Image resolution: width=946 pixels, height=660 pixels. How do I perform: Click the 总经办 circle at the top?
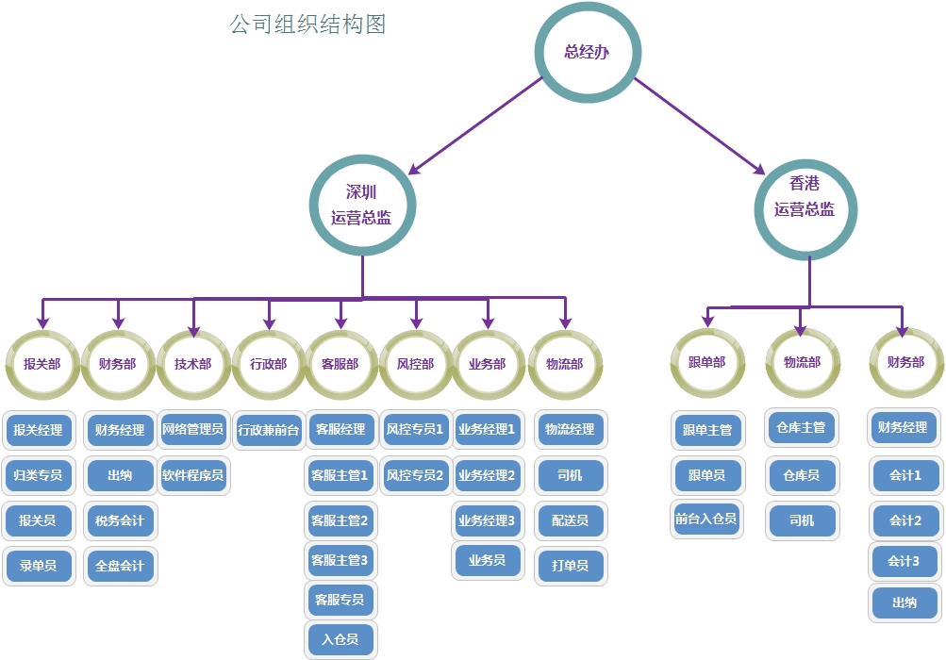(587, 52)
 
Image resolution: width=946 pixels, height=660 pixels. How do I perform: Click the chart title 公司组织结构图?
(307, 24)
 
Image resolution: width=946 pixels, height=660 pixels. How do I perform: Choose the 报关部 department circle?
(42, 364)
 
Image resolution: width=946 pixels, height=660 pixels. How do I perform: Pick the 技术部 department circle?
(193, 364)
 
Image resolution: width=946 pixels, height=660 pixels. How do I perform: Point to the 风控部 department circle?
(415, 364)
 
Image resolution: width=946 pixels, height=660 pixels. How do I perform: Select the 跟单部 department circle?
(706, 362)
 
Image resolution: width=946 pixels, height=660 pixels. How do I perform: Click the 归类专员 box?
(38, 475)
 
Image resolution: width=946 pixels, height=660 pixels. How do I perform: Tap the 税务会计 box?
(120, 520)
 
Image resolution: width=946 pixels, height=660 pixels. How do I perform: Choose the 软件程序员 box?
(192, 475)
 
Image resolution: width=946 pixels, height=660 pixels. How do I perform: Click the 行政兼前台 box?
(269, 430)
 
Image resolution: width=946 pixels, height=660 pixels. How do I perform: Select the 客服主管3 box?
(340, 560)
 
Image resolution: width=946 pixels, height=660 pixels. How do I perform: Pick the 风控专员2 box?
(414, 475)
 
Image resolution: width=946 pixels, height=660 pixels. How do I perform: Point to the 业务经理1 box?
(487, 430)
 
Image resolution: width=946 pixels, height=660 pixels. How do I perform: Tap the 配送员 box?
(570, 520)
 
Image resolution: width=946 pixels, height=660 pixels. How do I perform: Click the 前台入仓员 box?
(705, 519)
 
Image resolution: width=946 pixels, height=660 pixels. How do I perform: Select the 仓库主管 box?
(801, 428)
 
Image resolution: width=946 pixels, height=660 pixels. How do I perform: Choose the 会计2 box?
(905, 520)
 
